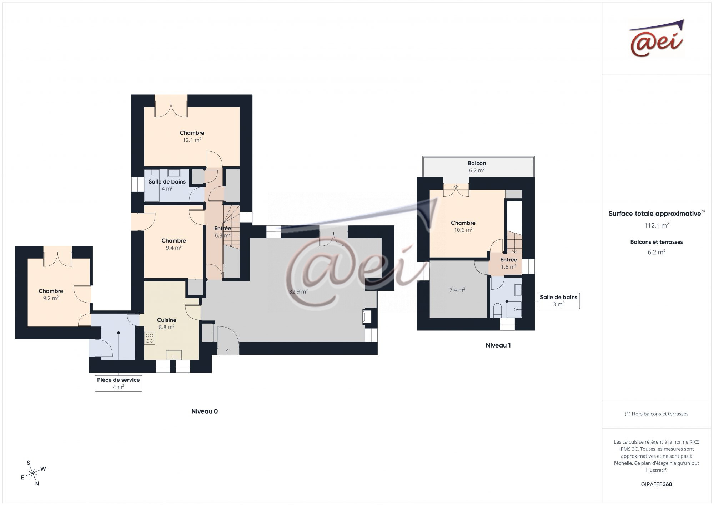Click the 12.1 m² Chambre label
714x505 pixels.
point(192,136)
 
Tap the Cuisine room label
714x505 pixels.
point(167,320)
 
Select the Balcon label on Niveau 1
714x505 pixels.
point(477,163)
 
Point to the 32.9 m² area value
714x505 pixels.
point(298,291)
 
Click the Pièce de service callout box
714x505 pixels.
point(119,383)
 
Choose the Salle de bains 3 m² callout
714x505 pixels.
point(558,301)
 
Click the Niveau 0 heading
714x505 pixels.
point(205,411)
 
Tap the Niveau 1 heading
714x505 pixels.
point(498,345)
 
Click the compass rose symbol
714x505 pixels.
point(33,474)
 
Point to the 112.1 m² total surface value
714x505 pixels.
point(657,225)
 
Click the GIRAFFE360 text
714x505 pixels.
point(657,484)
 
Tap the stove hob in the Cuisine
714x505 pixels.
point(150,338)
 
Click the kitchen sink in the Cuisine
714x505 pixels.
point(174,355)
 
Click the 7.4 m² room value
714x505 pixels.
point(457,290)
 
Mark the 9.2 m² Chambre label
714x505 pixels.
point(51,295)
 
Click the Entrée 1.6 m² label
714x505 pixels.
point(508,263)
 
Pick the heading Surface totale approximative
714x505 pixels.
point(655,214)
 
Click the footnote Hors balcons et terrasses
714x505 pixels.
point(657,414)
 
